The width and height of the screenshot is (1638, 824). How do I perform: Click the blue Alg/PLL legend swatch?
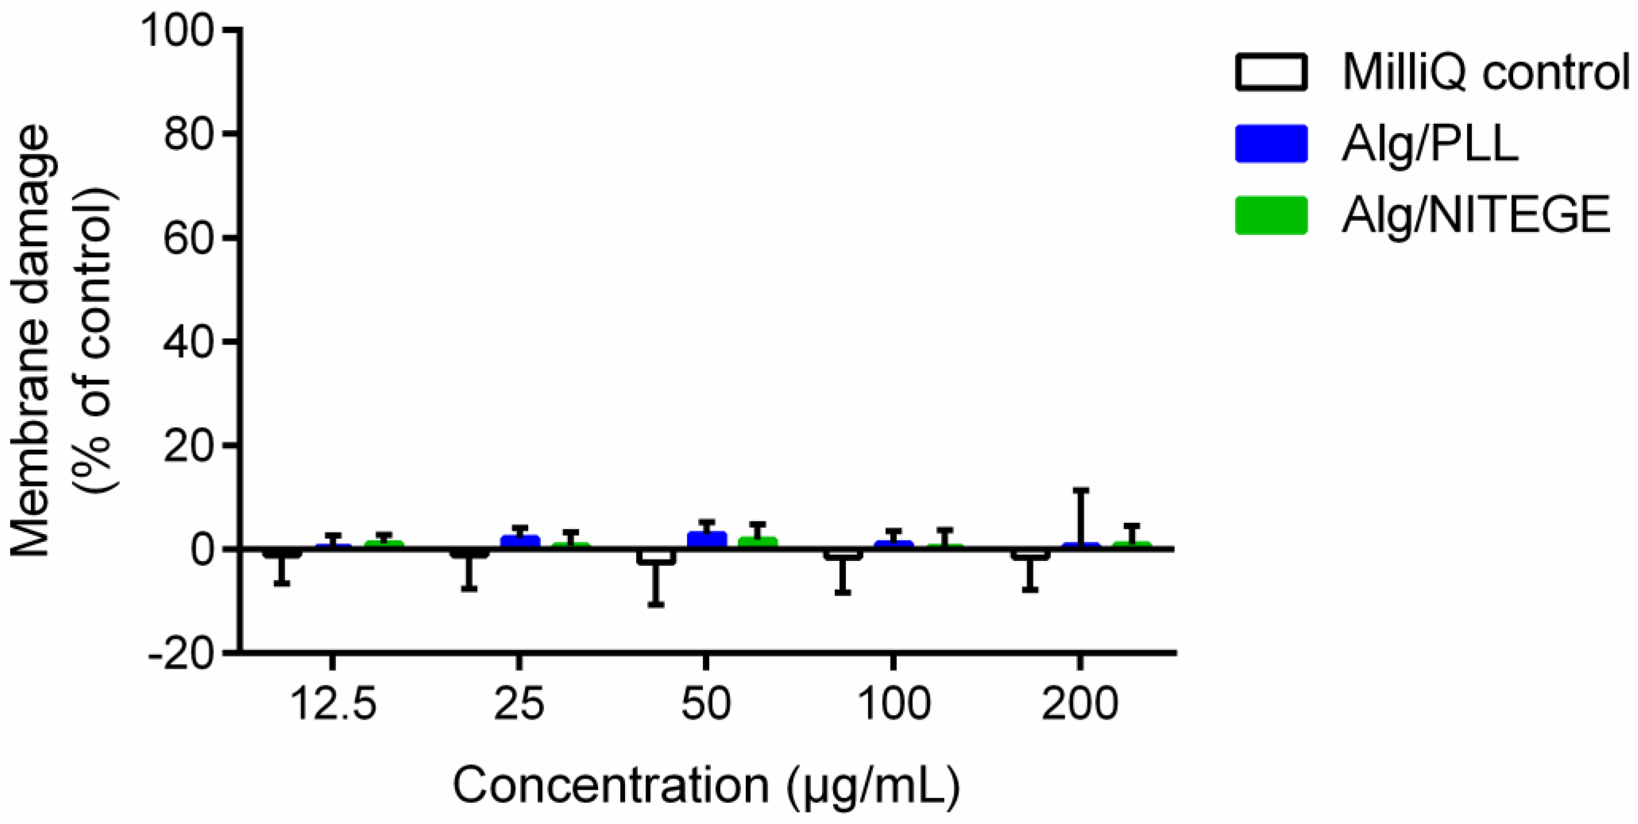tap(1271, 144)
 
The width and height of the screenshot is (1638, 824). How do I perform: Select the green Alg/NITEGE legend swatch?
tap(1271, 215)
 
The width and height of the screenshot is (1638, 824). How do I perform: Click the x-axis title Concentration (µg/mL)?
tap(706, 786)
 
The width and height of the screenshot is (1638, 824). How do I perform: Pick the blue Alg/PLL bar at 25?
tap(520, 541)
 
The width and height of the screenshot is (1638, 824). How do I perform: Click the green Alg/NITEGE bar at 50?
tap(757, 542)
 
